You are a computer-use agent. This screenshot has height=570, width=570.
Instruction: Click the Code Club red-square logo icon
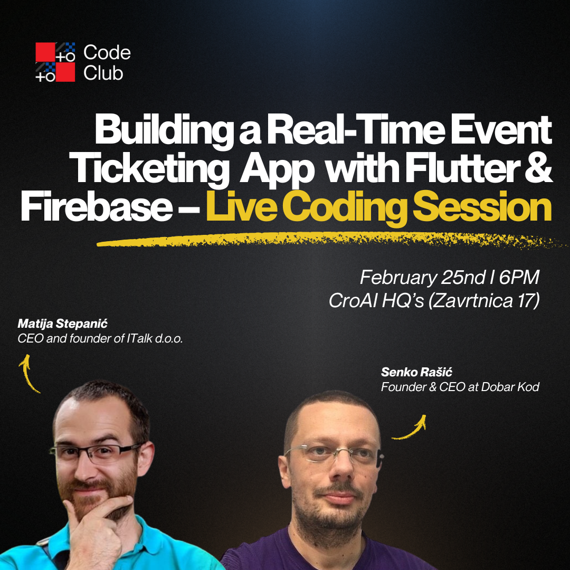click(55, 62)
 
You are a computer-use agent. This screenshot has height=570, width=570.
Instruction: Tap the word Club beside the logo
click(103, 73)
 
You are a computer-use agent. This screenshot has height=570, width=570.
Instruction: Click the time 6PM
click(519, 278)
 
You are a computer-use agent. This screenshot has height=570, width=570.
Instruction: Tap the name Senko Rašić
click(417, 373)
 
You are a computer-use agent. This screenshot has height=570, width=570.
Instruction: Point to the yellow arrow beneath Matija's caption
click(29, 373)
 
